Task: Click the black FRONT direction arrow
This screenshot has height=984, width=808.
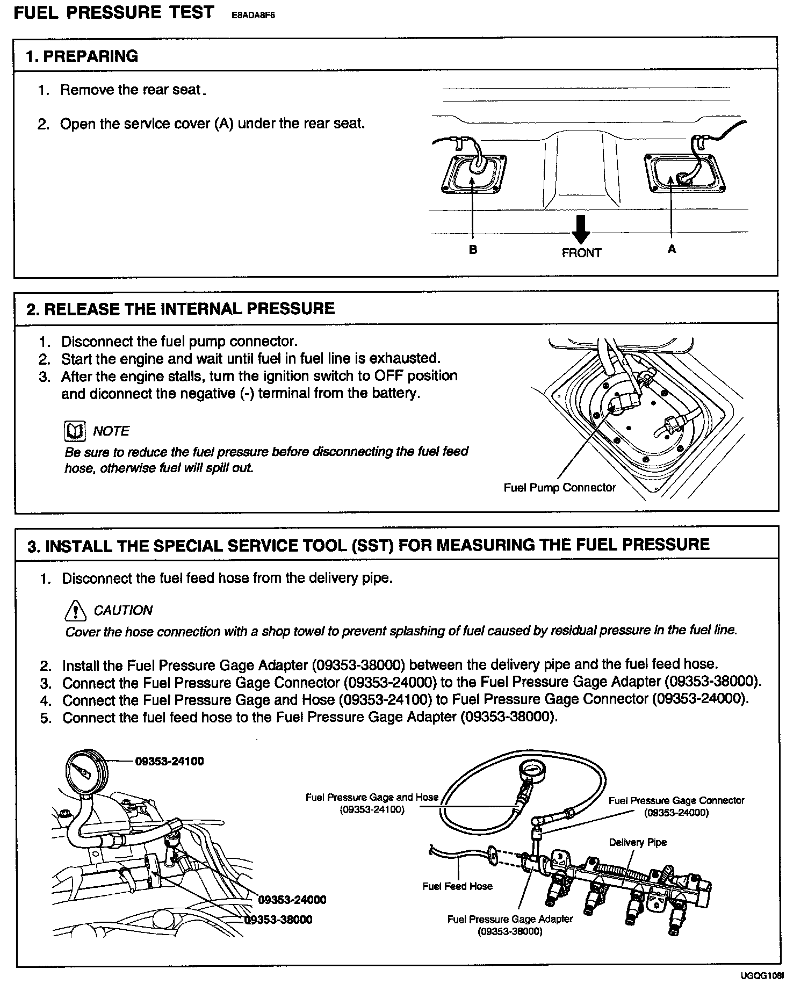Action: click(x=581, y=229)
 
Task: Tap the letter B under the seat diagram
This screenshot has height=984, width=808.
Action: click(x=473, y=250)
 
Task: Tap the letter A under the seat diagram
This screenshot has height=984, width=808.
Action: click(x=672, y=249)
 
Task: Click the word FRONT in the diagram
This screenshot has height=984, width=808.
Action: click(x=581, y=253)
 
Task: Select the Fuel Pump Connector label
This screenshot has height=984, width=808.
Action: click(x=559, y=488)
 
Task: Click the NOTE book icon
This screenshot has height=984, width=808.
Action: click(x=75, y=431)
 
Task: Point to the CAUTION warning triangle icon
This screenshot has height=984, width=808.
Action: click(x=75, y=610)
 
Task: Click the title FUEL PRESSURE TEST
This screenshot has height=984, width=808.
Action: click(x=113, y=13)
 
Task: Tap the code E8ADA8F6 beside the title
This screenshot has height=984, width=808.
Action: click(x=252, y=16)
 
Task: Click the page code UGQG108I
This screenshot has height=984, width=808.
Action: click(x=762, y=976)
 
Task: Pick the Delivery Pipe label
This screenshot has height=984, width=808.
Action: click(x=637, y=842)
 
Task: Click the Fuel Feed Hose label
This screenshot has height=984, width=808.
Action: click(x=457, y=886)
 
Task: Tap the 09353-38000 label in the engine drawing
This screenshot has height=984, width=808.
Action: click(x=278, y=920)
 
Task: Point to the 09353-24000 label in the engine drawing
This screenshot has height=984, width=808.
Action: click(x=292, y=900)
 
